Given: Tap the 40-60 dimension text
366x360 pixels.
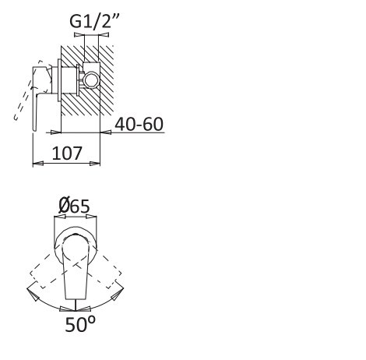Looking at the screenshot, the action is pyautogui.click(x=139, y=124).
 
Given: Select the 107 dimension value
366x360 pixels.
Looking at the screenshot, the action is pyautogui.click(x=67, y=154).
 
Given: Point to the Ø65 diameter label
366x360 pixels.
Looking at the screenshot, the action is pyautogui.click(x=74, y=206).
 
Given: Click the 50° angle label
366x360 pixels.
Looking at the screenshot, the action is pyautogui.click(x=80, y=324).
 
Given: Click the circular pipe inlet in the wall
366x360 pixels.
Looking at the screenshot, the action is pyautogui.click(x=91, y=79).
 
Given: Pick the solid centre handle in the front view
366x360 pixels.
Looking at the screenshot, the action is pyautogui.click(x=76, y=267).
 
